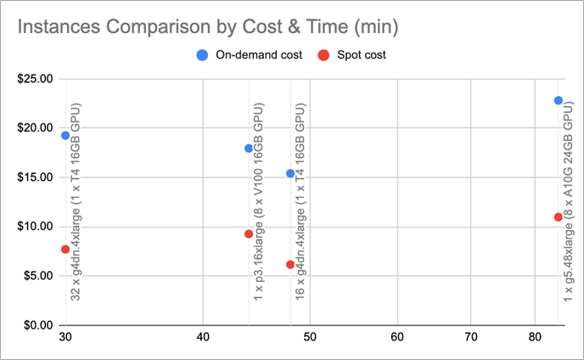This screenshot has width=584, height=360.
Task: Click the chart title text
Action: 208,26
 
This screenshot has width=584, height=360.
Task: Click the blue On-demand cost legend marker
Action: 202,56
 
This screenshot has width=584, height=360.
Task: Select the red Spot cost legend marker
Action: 323,56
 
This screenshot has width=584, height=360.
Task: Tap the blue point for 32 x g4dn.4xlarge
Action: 65,135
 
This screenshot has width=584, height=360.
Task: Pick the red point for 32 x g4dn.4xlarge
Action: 65,249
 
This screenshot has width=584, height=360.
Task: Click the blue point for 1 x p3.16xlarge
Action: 249,149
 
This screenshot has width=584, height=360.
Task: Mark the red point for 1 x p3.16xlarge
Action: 249,234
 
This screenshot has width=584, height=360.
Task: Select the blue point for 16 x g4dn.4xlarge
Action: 290,173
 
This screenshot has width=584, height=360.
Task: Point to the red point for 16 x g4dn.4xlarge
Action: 290,265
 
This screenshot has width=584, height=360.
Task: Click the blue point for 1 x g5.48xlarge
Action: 558,100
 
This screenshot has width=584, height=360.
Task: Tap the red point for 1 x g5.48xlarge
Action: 558,217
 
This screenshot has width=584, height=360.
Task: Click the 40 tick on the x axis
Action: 203,338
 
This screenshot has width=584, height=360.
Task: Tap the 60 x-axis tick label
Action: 396,338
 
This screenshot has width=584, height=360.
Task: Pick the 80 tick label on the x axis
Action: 535,338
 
